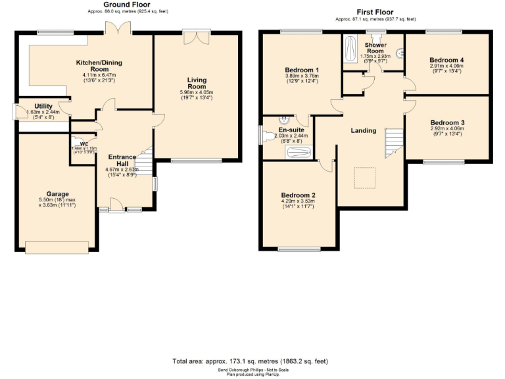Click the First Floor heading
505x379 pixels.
(x=375, y=12)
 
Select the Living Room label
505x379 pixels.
(x=197, y=83)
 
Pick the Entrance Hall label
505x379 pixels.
(x=122, y=160)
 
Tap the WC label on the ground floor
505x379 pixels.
(x=84, y=143)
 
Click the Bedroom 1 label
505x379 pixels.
(x=302, y=70)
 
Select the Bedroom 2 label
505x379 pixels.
(x=298, y=195)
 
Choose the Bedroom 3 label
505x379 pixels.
(x=447, y=122)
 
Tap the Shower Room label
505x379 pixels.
(x=375, y=47)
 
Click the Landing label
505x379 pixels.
(x=363, y=130)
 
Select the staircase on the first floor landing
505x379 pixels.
(x=393, y=141)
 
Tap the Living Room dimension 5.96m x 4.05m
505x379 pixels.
(x=197, y=93)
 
